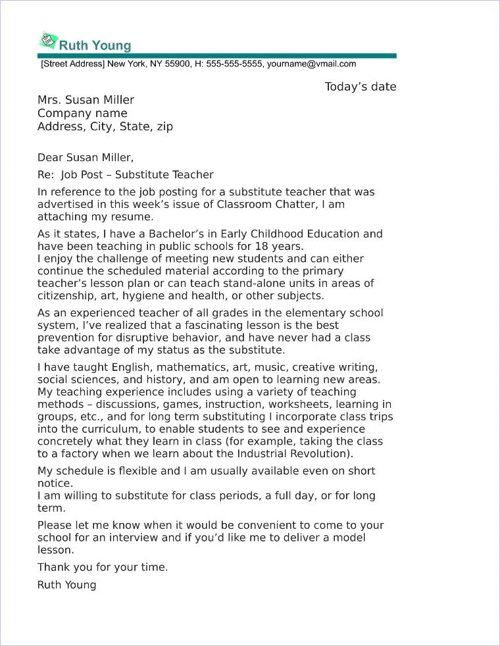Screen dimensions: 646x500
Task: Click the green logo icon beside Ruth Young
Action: (48, 41)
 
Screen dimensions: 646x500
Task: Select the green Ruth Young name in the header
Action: (95, 45)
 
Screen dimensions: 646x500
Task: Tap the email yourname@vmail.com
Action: (311, 64)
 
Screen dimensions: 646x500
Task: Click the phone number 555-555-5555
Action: (234, 64)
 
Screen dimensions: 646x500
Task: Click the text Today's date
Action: (361, 87)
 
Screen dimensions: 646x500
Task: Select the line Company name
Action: (82, 113)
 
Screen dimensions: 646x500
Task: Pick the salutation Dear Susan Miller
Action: (85, 158)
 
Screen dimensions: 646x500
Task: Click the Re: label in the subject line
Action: (45, 175)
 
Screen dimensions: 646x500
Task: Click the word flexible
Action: (137, 471)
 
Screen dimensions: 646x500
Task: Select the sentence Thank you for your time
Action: (103, 567)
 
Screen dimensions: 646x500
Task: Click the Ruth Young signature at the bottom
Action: (66, 585)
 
